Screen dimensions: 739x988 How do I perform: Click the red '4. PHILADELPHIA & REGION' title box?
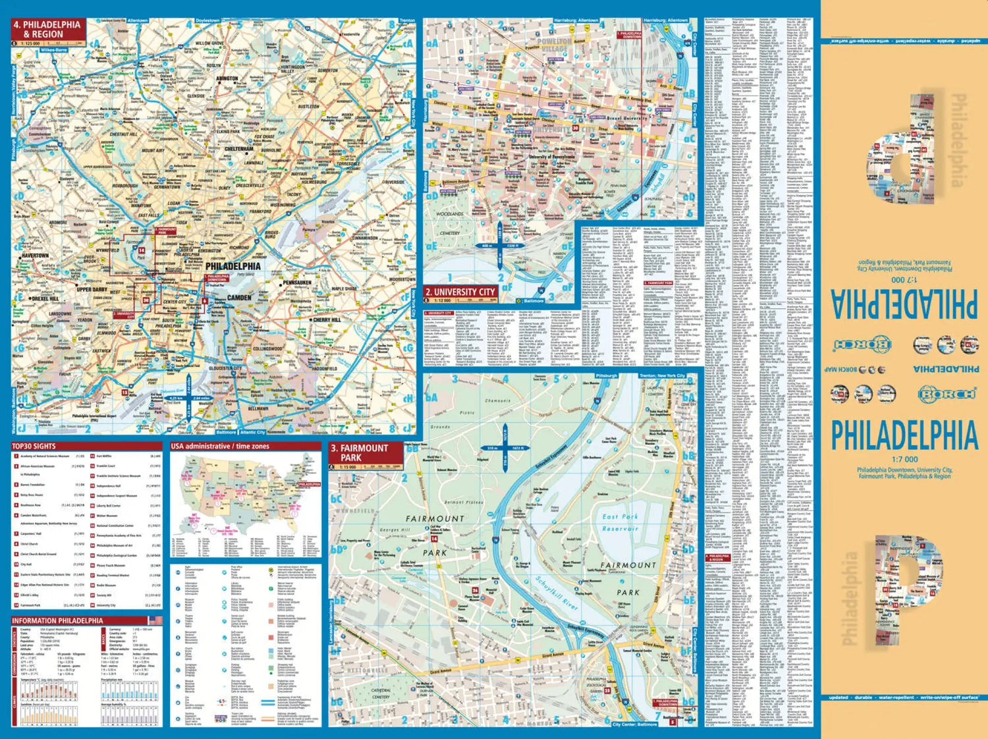47,29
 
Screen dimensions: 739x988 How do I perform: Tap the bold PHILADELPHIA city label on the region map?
228,266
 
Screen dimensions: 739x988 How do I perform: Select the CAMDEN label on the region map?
239,298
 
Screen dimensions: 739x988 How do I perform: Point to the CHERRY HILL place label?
327,320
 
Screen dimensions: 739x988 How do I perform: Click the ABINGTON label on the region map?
227,78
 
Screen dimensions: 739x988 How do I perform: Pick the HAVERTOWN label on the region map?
36,256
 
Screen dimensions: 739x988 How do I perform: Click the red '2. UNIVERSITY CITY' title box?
459,292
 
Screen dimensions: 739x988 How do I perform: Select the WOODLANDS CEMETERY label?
450,223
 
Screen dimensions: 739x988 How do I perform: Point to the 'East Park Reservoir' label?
620,522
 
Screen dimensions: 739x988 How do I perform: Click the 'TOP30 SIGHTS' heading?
34,447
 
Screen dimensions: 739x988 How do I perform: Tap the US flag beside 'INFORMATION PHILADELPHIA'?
155,620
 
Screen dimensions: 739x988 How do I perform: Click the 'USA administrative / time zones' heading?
220,447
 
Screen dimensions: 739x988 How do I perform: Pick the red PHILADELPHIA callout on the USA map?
309,484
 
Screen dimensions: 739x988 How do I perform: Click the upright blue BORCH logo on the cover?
947,394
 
